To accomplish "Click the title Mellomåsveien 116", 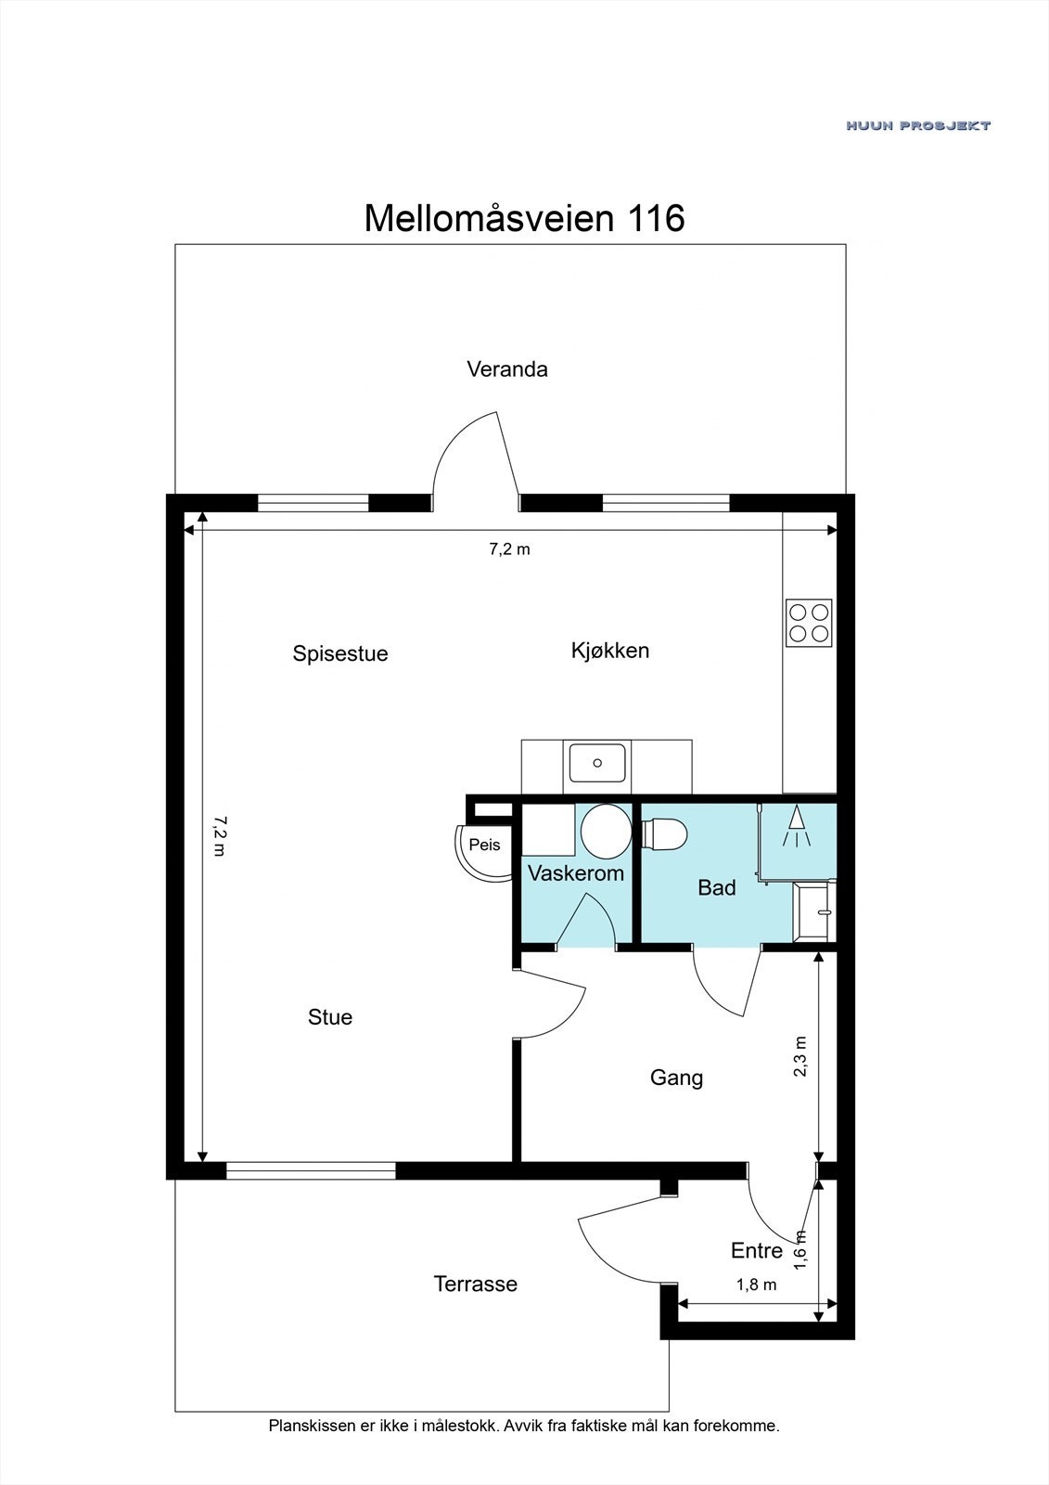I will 524,219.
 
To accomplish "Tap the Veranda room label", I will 506,369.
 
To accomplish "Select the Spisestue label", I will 340,653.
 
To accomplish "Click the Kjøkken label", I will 610,651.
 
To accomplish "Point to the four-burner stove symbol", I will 809,623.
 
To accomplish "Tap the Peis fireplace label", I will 484,845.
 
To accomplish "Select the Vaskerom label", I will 575,873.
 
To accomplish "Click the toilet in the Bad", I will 665,833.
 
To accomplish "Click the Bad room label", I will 716,888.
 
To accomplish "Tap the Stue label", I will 330,1017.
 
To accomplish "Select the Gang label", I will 676,1078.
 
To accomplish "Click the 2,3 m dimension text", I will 800,1056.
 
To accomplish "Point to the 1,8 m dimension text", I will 756,1285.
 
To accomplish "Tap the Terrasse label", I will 475,1285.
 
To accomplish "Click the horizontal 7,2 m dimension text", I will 509,549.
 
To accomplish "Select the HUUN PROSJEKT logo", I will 917,125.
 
